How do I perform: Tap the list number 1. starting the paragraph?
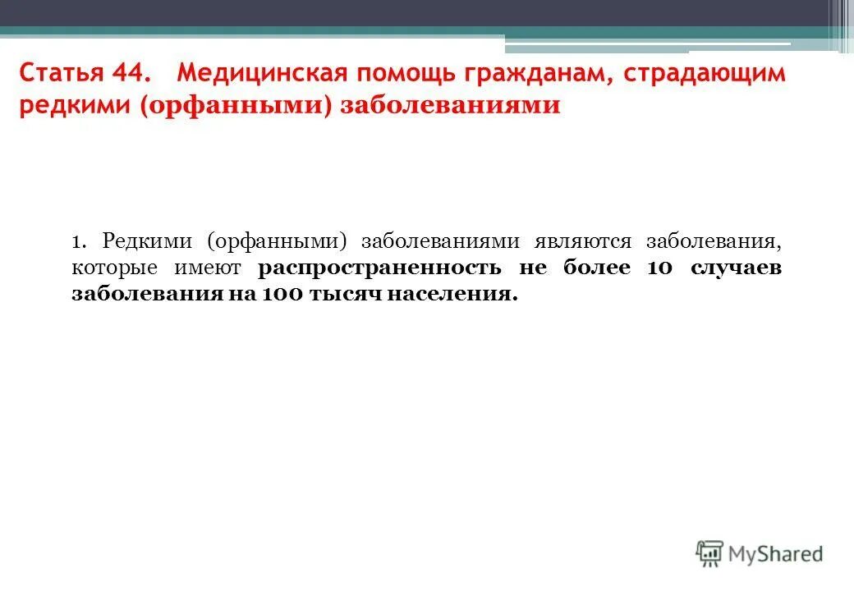point(79,241)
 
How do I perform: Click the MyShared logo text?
point(775,554)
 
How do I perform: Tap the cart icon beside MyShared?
point(709,553)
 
